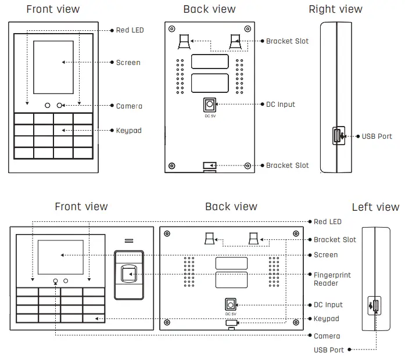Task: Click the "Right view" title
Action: click(x=335, y=9)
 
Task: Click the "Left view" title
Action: click(x=375, y=207)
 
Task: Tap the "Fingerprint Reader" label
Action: click(x=332, y=279)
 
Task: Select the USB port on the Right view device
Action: click(x=336, y=136)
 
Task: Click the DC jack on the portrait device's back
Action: click(x=209, y=105)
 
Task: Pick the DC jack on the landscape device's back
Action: click(x=230, y=304)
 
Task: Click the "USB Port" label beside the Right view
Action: click(x=377, y=136)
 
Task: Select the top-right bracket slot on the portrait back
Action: click(x=235, y=42)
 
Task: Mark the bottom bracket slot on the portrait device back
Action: click(x=209, y=166)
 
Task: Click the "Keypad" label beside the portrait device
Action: click(x=128, y=131)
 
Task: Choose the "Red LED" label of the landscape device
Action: click(x=328, y=222)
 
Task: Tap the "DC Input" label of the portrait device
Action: click(x=281, y=105)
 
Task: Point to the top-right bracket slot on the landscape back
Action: click(x=255, y=239)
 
